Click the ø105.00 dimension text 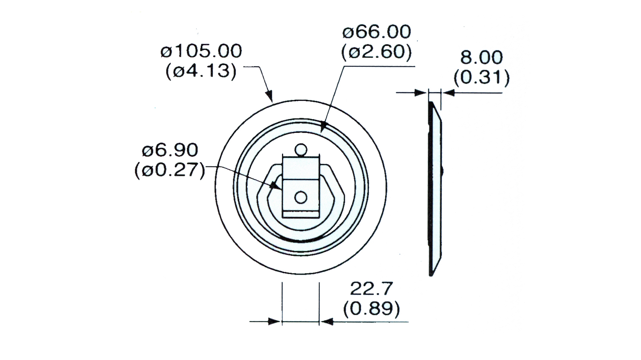tap(201, 51)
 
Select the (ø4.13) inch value tap(201, 72)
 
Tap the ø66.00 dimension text tap(376, 32)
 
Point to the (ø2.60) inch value tap(376, 53)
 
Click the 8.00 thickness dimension tap(481, 57)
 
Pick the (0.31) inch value tap(481, 78)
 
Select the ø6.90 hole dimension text tap(170, 150)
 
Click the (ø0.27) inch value tap(170, 171)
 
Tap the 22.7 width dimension tap(371, 289)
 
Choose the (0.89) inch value tap(372, 309)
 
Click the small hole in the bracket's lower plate tap(300, 197)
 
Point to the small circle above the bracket tap(300, 149)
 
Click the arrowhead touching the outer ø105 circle tap(269, 96)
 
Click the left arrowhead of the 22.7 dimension tap(275, 322)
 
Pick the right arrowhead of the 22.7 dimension tap(326, 322)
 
